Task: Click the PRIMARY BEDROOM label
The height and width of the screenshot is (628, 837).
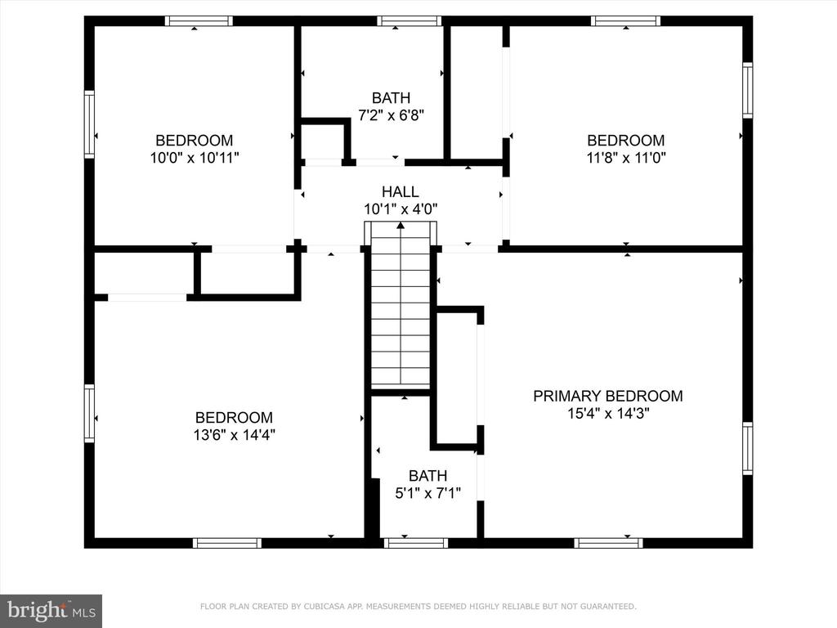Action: point(608,396)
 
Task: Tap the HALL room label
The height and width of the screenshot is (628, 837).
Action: point(401,191)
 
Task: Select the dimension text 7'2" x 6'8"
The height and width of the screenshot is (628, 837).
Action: point(392,115)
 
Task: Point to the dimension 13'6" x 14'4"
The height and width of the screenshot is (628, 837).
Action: point(235,435)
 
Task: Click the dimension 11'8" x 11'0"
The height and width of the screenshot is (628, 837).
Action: point(626,158)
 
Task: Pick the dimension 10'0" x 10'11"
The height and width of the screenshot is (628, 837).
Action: point(195,158)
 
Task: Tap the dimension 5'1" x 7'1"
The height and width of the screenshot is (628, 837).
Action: point(428,493)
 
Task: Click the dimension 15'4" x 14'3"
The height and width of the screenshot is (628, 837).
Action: point(608,413)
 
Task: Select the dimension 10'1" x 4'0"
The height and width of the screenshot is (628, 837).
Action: point(401,209)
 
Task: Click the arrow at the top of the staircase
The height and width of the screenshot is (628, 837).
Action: point(401,226)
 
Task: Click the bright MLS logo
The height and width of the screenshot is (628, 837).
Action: point(51,611)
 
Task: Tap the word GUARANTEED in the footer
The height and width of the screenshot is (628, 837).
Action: point(606,607)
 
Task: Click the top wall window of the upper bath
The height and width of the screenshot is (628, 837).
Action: point(410,21)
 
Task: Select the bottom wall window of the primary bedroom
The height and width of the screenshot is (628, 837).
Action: point(608,543)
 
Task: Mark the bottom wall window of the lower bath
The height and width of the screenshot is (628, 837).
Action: point(416,543)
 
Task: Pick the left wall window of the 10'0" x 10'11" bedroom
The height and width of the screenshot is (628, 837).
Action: point(89,124)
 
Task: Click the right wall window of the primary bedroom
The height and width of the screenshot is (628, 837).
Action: point(748,449)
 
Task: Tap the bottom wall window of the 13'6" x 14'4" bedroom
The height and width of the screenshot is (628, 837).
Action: point(227,543)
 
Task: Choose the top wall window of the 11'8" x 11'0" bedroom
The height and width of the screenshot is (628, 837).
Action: point(625,21)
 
